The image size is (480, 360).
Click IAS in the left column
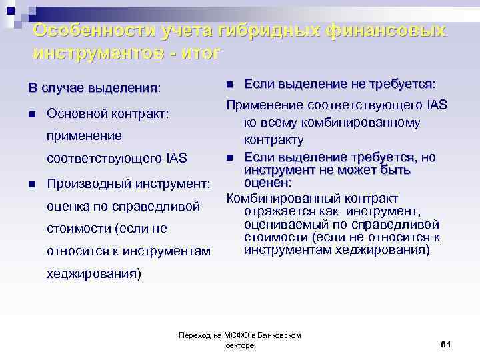173,159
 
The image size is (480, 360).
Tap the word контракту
273,139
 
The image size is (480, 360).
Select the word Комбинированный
280,198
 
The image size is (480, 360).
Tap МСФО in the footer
223,335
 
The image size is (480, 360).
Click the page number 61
446,344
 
